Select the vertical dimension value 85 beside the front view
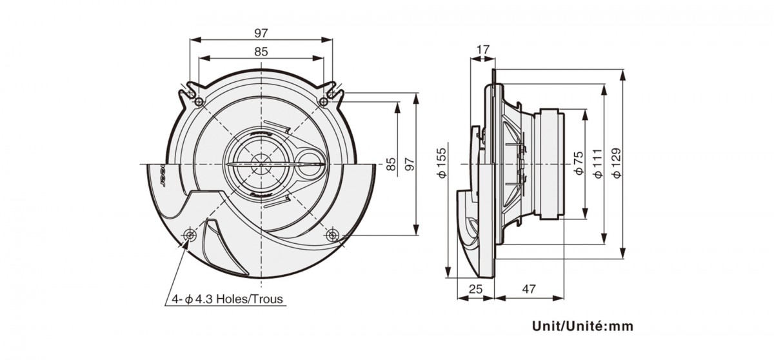tap(392, 165)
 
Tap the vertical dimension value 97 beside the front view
tap(408, 165)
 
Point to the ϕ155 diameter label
tap(441, 165)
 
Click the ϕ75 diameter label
tap(579, 165)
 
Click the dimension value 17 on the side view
tap(483, 48)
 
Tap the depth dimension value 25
tap(475, 290)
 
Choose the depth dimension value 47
tap(528, 290)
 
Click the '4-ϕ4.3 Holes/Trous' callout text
tap(227, 299)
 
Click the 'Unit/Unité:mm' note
tap(582, 326)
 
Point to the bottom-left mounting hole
tap(190, 235)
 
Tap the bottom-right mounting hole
tap(333, 235)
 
